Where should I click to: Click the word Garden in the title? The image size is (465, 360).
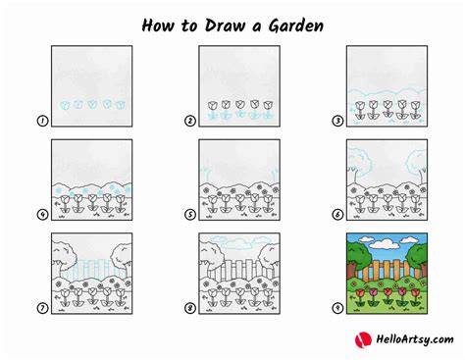click(296, 26)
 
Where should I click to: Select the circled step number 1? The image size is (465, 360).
click(42, 121)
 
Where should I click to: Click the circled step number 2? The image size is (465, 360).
click(190, 121)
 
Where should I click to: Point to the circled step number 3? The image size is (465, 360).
click(337, 121)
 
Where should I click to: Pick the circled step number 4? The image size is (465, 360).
click(42, 215)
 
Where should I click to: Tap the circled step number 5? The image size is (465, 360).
click(190, 215)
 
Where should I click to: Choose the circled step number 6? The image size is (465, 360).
click(337, 215)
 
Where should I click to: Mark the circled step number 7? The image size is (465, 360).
click(42, 308)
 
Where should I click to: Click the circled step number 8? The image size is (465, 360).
click(190, 308)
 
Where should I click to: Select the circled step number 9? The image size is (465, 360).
click(337, 308)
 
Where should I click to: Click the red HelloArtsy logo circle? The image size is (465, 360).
click(363, 339)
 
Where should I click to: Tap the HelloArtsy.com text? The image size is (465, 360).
click(415, 339)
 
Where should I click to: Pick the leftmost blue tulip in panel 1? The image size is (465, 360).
click(65, 105)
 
